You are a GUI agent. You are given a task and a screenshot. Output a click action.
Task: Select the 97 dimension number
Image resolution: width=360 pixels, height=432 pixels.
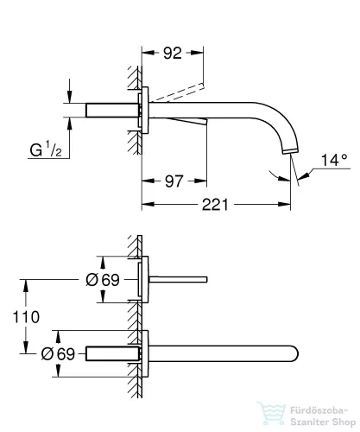click(175, 181)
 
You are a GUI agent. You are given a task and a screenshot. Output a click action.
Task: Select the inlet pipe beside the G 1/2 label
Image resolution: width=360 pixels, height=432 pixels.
click(112, 113)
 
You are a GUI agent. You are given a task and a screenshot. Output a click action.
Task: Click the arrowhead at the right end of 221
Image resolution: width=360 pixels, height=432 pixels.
click(293, 206)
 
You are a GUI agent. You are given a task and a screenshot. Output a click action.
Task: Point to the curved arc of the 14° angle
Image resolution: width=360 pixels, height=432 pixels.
click(278, 176)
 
